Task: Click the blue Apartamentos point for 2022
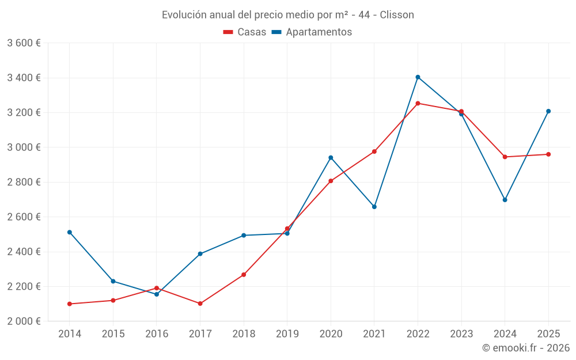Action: [418, 77]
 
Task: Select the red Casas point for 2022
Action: [418, 104]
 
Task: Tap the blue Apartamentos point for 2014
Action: [70, 232]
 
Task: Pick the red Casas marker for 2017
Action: [200, 304]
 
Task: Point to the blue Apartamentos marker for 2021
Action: [374, 207]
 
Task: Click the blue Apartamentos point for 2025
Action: [548, 111]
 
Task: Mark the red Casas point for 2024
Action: [505, 157]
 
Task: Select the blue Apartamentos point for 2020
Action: [331, 157]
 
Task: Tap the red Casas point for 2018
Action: [244, 275]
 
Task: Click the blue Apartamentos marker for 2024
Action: [505, 200]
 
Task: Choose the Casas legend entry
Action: [245, 32]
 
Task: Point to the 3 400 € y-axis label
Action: [24, 78]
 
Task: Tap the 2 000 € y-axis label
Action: [24, 321]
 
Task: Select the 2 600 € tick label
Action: [24, 217]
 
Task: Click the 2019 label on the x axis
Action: [287, 334]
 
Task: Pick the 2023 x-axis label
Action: [461, 334]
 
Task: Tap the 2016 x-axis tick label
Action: [157, 334]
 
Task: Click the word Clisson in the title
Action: [397, 15]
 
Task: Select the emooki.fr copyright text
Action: [526, 348]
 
